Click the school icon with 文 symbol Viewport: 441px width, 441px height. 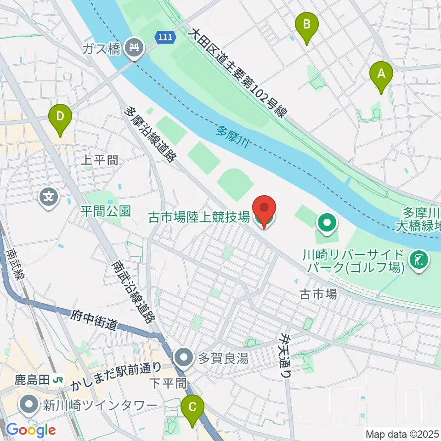point(49,198)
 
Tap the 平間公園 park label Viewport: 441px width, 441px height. point(106,211)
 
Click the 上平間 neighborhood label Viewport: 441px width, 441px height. point(99,160)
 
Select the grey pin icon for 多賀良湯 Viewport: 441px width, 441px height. point(185,357)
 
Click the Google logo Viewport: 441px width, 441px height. point(31,430)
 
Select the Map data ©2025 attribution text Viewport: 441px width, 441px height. point(401,434)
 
